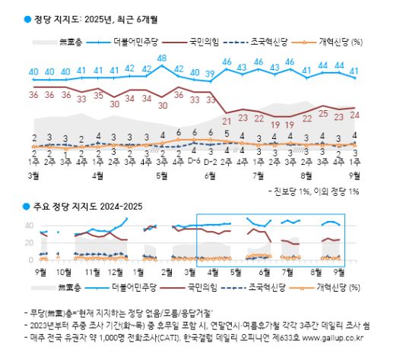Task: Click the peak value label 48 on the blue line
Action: pos(162,58)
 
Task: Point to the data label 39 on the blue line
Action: pos(211,73)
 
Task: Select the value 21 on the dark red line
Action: pos(226,120)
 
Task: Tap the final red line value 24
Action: pos(354,115)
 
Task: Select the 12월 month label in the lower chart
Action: pos(116,270)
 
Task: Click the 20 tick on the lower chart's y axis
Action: pos(28,243)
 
